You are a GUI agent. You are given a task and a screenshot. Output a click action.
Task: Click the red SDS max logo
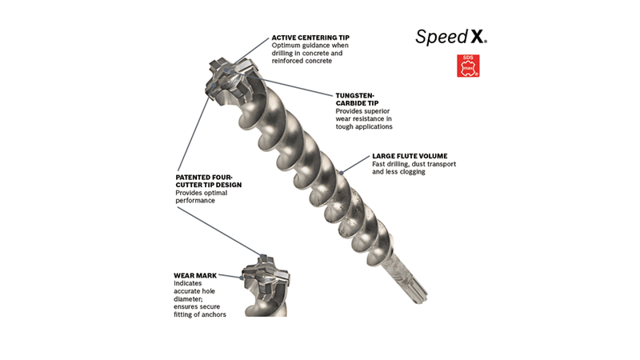pyautogui.click(x=468, y=66)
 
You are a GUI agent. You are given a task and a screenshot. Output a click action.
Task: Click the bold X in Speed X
pyautogui.click(x=477, y=37)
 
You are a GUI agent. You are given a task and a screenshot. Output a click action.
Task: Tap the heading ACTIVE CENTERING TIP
pyautogui.click(x=310, y=38)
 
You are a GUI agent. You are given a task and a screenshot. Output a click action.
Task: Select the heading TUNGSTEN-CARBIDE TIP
pyautogui.click(x=357, y=99)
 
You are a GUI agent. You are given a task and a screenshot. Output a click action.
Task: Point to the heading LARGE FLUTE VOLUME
pyautogui.click(x=410, y=156)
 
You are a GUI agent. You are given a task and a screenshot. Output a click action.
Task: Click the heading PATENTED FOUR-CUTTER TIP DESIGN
pyautogui.click(x=209, y=181)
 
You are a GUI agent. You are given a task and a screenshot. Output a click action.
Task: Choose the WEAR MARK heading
pyautogui.click(x=195, y=275)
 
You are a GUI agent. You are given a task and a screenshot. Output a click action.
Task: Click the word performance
pyautogui.click(x=195, y=201)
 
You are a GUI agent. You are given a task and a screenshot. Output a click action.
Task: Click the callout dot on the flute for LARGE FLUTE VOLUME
pyautogui.click(x=342, y=173)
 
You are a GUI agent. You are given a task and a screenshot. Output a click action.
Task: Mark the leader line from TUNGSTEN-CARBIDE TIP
pyautogui.click(x=290, y=86)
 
